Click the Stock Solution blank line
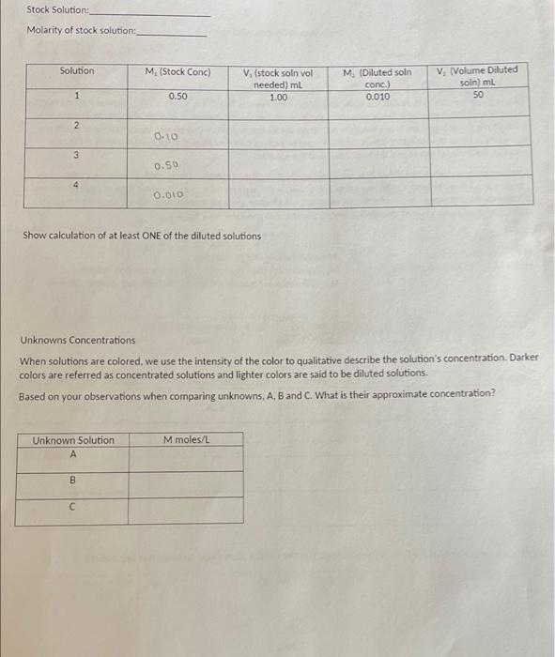150,14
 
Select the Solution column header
77,71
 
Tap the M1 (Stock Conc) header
177,72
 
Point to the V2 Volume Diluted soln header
479,76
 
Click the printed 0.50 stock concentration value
177,97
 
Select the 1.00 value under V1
278,98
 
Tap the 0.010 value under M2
378,97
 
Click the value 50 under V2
479,94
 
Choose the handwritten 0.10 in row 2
165,136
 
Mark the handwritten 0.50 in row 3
166,166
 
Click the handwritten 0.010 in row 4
169,196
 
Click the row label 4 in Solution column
77,186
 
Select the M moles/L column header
186,440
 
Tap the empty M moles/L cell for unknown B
186,484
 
